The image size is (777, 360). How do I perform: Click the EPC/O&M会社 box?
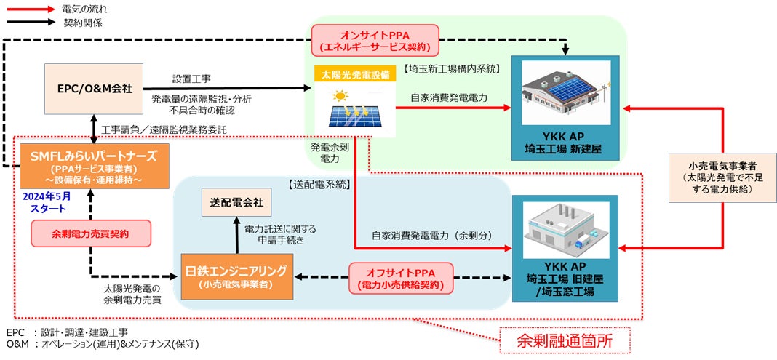pyautogui.click(x=95, y=88)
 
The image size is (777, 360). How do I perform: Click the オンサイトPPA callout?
pyautogui.click(x=375, y=41)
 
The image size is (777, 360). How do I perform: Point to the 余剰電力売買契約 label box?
pyautogui.click(x=92, y=233)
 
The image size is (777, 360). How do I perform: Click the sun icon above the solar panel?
pyautogui.click(x=339, y=95)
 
